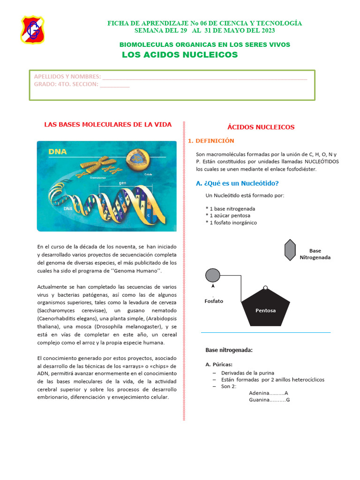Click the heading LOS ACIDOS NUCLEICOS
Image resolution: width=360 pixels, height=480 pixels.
180,55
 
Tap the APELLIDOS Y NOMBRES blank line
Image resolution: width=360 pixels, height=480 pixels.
204,77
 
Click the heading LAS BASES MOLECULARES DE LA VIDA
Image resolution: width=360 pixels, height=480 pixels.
108,124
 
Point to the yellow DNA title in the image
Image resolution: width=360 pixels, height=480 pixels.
58,151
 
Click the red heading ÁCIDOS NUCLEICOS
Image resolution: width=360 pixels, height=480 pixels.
261,127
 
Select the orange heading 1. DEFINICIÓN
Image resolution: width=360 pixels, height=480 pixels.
210,141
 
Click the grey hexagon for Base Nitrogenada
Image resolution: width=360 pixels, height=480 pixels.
290,250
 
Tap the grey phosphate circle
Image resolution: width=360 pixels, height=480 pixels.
212,275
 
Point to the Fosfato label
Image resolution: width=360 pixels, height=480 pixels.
214,301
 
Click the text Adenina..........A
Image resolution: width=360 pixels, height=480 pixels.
269,393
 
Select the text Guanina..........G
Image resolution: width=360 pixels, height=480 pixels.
270,400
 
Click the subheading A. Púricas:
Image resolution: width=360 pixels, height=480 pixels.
219,364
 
